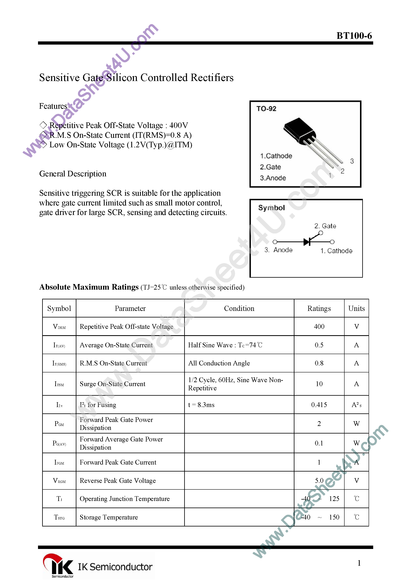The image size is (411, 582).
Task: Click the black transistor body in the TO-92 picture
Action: pyautogui.click(x=299, y=130)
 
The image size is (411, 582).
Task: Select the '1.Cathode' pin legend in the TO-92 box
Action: pyautogui.click(x=276, y=156)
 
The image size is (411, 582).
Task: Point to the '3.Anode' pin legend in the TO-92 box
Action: pyautogui.click(x=273, y=178)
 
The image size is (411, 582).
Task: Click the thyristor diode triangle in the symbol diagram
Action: pyautogui.click(x=307, y=242)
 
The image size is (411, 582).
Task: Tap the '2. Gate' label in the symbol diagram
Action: pyautogui.click(x=325, y=226)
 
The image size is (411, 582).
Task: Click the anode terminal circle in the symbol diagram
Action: pyautogui.click(x=275, y=242)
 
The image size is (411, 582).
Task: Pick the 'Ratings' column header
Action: pyautogui.click(x=319, y=308)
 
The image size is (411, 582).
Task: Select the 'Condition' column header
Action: pyautogui.click(x=239, y=308)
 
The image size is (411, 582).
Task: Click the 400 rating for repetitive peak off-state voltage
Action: pyautogui.click(x=319, y=326)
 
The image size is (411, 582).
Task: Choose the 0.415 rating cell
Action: pyautogui.click(x=319, y=405)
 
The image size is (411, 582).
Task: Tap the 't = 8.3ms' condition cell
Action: pyautogui.click(x=201, y=405)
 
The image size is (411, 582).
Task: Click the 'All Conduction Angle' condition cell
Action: pyautogui.click(x=219, y=363)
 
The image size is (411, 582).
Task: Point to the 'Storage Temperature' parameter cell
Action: pyautogui.click(x=109, y=517)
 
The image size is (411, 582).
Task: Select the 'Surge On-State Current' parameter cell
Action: pyautogui.click(x=113, y=384)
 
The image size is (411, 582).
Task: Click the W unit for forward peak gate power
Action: pyautogui.click(x=356, y=424)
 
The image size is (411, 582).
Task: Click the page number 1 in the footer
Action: pyautogui.click(x=359, y=563)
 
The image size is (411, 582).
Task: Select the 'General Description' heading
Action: pyautogui.click(x=73, y=174)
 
